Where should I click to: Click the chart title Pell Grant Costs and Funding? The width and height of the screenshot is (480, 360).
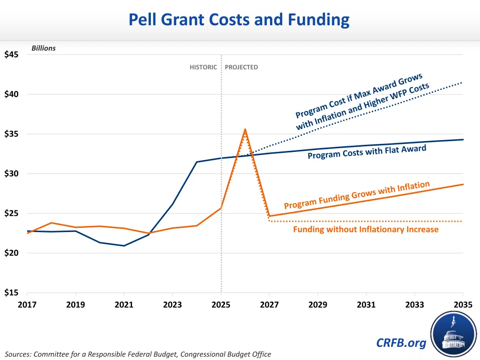239,20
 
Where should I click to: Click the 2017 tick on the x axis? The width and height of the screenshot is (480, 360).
27,305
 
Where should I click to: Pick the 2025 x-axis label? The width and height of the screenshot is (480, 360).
221,305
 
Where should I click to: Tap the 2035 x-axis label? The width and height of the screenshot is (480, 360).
463,305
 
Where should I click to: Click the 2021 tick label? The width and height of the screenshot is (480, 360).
124,305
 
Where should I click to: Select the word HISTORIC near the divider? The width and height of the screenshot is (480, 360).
203,67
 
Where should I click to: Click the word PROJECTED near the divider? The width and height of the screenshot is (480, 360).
241,67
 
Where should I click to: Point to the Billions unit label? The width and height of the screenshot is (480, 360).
43,48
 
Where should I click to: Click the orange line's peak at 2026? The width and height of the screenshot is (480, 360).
245,129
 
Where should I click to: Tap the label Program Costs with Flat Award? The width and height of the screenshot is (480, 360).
367,152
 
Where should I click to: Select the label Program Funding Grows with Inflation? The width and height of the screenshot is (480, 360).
357,195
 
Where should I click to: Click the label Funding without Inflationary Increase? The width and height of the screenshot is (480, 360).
366,229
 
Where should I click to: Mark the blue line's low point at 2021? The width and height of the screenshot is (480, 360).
124,246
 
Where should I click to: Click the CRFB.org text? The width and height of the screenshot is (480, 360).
401,343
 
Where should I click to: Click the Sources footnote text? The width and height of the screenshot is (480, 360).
138,354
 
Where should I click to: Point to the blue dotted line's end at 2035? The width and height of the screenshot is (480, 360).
463,82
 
